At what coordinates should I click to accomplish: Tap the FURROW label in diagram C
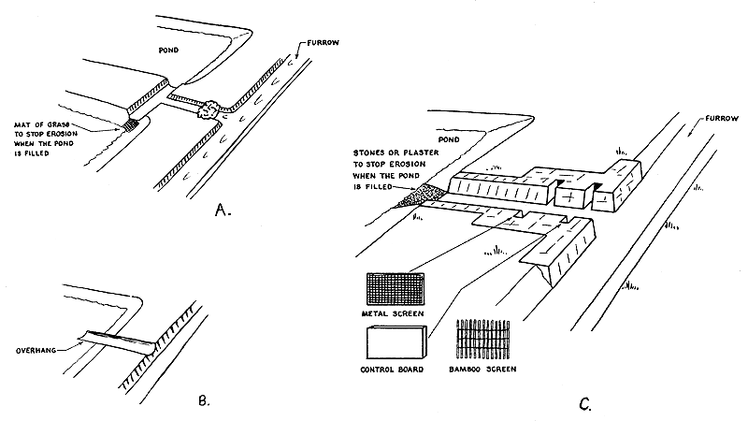click(x=716, y=119)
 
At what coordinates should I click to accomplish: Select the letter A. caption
click(x=221, y=210)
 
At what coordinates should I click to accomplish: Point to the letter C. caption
click(x=584, y=403)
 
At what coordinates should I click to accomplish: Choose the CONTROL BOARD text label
click(x=391, y=370)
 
